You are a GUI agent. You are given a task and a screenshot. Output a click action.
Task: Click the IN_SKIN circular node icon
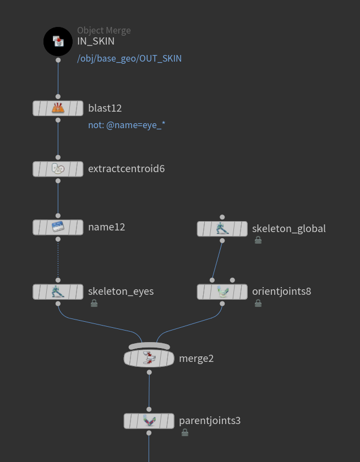point(58,41)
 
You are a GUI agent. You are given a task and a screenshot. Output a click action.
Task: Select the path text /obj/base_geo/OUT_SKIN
point(129,58)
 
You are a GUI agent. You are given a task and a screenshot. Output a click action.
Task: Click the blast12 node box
point(58,108)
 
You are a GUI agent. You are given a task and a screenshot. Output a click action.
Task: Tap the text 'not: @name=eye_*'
point(127,125)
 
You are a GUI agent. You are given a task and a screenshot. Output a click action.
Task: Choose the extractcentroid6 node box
point(58,169)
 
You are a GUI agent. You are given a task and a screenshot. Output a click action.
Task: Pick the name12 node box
point(58,227)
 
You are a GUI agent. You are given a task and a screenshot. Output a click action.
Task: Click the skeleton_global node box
point(222,229)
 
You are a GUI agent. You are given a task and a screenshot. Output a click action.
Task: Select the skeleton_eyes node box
point(58,291)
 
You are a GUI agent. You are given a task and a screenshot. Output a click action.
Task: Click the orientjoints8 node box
point(222,291)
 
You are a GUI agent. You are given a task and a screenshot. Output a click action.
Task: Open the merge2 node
point(149,359)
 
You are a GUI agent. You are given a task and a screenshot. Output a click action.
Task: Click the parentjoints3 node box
point(149,421)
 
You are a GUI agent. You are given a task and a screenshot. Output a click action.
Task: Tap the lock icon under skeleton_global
point(258,240)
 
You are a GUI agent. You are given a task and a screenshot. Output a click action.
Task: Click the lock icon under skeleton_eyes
point(94,303)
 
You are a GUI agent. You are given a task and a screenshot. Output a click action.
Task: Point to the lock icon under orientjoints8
point(258,303)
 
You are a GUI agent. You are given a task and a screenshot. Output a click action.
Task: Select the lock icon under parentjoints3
point(185,433)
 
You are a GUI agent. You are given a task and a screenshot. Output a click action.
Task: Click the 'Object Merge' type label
point(104,31)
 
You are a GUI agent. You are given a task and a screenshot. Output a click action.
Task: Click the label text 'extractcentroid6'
point(126,168)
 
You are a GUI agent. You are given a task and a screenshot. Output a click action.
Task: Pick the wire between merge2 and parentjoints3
point(149,391)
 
